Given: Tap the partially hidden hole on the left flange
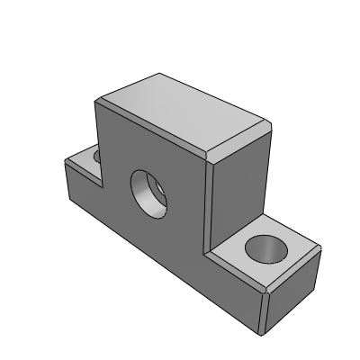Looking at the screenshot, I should tap(96, 157).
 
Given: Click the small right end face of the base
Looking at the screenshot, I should tap(292, 288).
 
